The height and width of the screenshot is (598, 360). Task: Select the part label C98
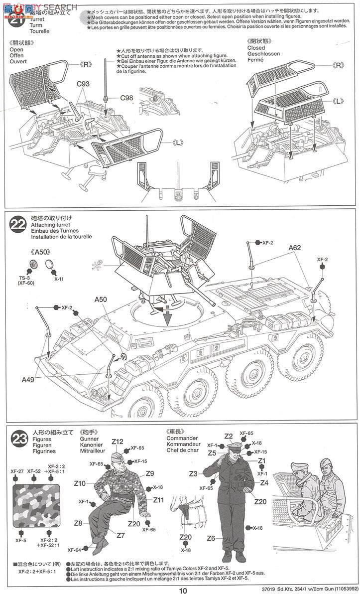coord(126,98)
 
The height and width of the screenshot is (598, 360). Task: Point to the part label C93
coord(83,84)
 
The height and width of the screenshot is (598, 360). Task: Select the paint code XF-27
coord(17,471)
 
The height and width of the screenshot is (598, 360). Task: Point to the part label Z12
coord(118,442)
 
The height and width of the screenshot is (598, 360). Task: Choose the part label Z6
coord(211,538)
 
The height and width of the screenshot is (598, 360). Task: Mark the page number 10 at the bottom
coord(183,591)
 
